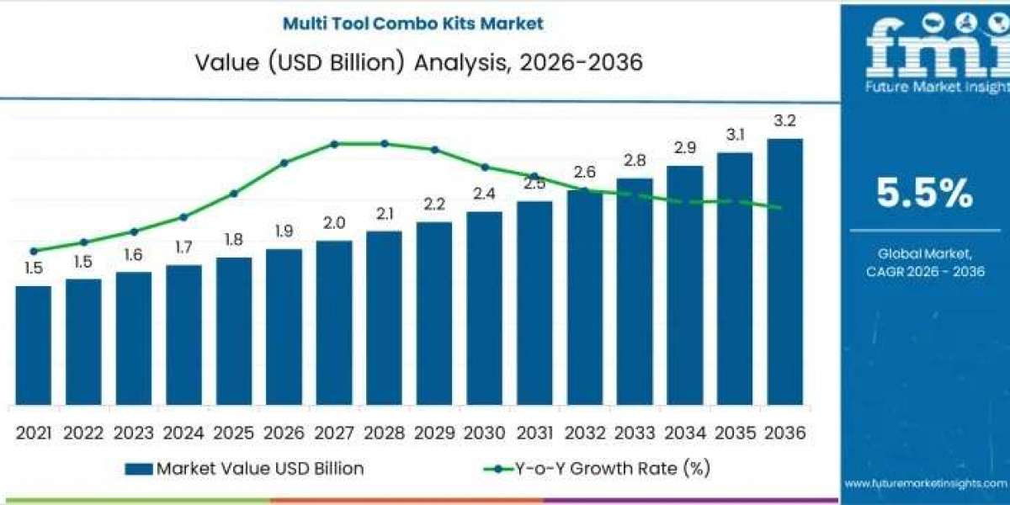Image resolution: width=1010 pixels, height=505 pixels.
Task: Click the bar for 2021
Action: (34, 345)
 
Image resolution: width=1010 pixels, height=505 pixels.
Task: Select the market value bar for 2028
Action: (384, 318)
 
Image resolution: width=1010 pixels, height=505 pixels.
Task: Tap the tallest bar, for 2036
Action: (785, 272)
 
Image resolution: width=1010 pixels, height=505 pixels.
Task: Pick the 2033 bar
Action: (635, 292)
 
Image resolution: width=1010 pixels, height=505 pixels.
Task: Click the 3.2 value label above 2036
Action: (785, 121)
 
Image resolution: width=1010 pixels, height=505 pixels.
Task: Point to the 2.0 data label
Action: (334, 223)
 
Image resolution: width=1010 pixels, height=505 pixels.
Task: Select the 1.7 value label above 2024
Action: (183, 247)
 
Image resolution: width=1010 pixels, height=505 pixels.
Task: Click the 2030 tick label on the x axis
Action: (485, 433)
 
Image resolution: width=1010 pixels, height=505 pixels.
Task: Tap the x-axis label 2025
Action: (234, 433)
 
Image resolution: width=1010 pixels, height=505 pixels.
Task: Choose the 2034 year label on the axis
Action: (685, 433)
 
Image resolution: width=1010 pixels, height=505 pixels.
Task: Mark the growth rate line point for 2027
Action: (334, 144)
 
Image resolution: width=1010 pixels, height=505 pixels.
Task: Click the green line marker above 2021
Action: (34, 251)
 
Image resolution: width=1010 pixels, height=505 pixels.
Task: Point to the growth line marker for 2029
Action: (434, 150)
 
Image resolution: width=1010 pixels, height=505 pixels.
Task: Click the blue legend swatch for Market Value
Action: (139, 469)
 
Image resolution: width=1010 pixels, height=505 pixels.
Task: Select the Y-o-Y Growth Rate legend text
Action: (613, 469)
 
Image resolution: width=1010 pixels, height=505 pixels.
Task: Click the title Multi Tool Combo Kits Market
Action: (413, 24)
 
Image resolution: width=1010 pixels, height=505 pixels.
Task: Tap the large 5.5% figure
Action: (925, 193)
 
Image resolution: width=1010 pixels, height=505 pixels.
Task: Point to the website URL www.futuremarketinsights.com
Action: (926, 484)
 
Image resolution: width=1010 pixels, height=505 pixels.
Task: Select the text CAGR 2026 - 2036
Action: (925, 271)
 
